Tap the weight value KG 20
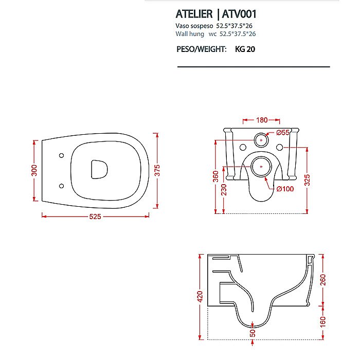[245, 50]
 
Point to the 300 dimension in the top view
[34, 170]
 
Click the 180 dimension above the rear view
[262, 120]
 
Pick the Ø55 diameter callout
[282, 133]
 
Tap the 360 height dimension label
[215, 176]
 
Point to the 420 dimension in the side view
[200, 296]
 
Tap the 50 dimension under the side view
[253, 334]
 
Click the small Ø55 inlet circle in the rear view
[262, 140]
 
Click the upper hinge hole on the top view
[61, 154]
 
